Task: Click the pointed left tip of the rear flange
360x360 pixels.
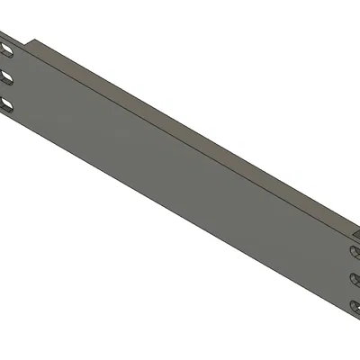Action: tap(33, 40)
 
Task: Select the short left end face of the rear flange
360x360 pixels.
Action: tap(34, 46)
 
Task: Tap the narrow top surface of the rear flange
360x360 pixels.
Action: tap(180, 125)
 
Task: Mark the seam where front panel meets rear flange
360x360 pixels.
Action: tap(180, 135)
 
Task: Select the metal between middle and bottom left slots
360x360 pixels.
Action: tap(6, 91)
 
